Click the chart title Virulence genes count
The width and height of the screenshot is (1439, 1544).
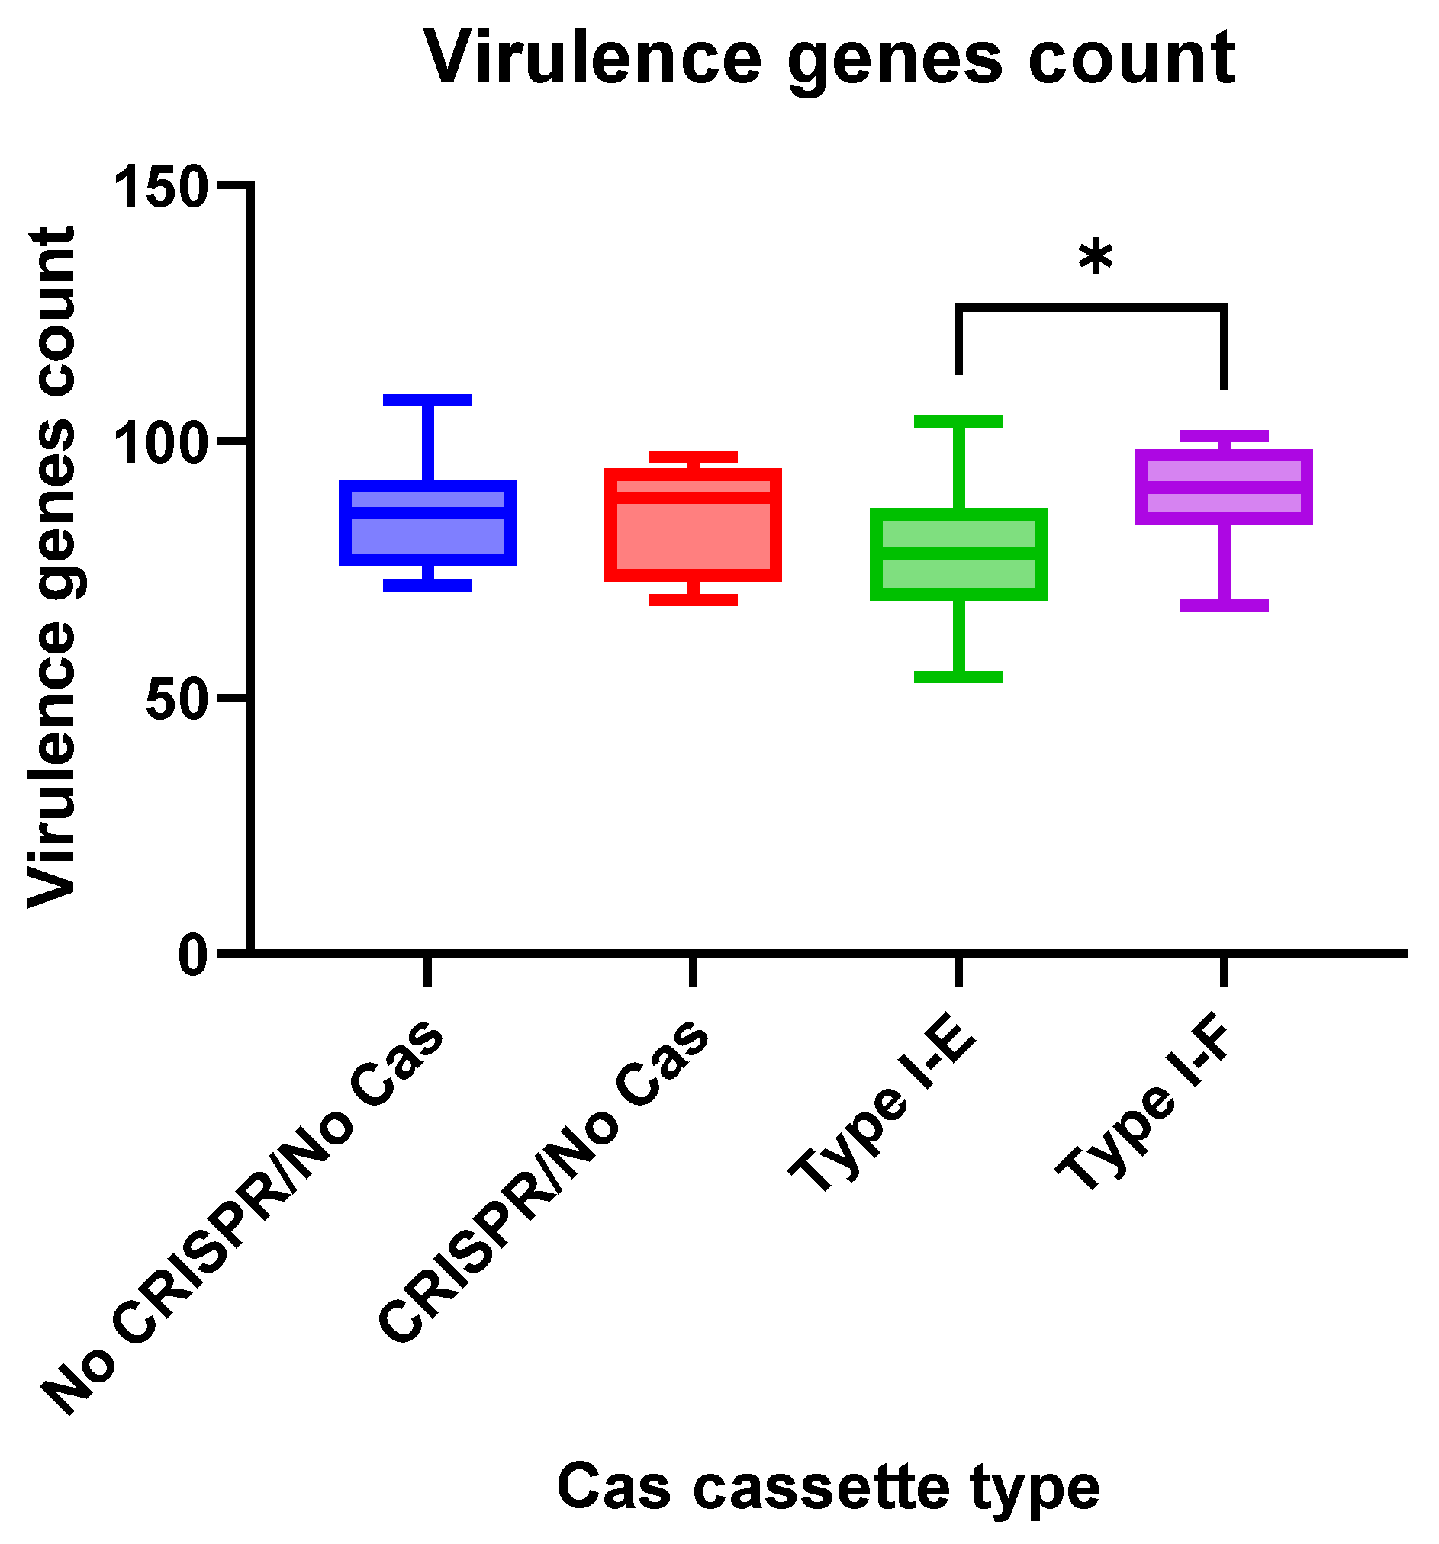pyautogui.click(x=829, y=59)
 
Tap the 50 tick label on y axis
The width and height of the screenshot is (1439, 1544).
pyautogui.click(x=177, y=697)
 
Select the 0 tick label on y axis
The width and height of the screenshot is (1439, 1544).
pyautogui.click(x=194, y=954)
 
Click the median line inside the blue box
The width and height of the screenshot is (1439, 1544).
pyautogui.click(x=427, y=512)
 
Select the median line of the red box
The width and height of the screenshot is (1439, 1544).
pyautogui.click(x=692, y=497)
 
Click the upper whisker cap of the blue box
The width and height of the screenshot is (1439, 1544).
pyautogui.click(x=427, y=400)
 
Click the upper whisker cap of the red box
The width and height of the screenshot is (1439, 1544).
pyautogui.click(x=692, y=457)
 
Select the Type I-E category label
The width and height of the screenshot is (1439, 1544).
pyautogui.click(x=882, y=1110)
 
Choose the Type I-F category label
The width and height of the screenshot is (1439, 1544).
pyautogui.click(x=1146, y=1110)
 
